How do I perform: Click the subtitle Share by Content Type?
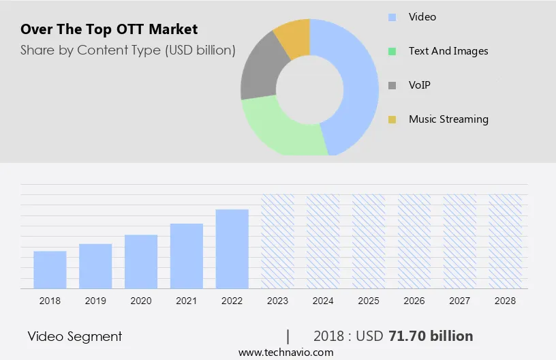[x=128, y=50]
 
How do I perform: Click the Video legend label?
[x=422, y=16]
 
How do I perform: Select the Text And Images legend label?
[x=448, y=51]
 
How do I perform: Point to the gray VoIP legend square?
[x=392, y=86]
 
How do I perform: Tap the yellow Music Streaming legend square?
[x=392, y=120]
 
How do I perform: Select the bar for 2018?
[x=50, y=270]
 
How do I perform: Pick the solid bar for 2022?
[x=232, y=249]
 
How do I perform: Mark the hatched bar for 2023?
[x=277, y=241]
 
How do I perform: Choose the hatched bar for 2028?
[x=506, y=241]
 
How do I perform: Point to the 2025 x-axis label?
[x=369, y=301]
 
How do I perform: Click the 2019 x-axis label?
[x=95, y=301]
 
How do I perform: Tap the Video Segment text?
[x=75, y=336]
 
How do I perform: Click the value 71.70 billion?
[x=430, y=336]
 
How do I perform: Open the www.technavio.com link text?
[x=285, y=352]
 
